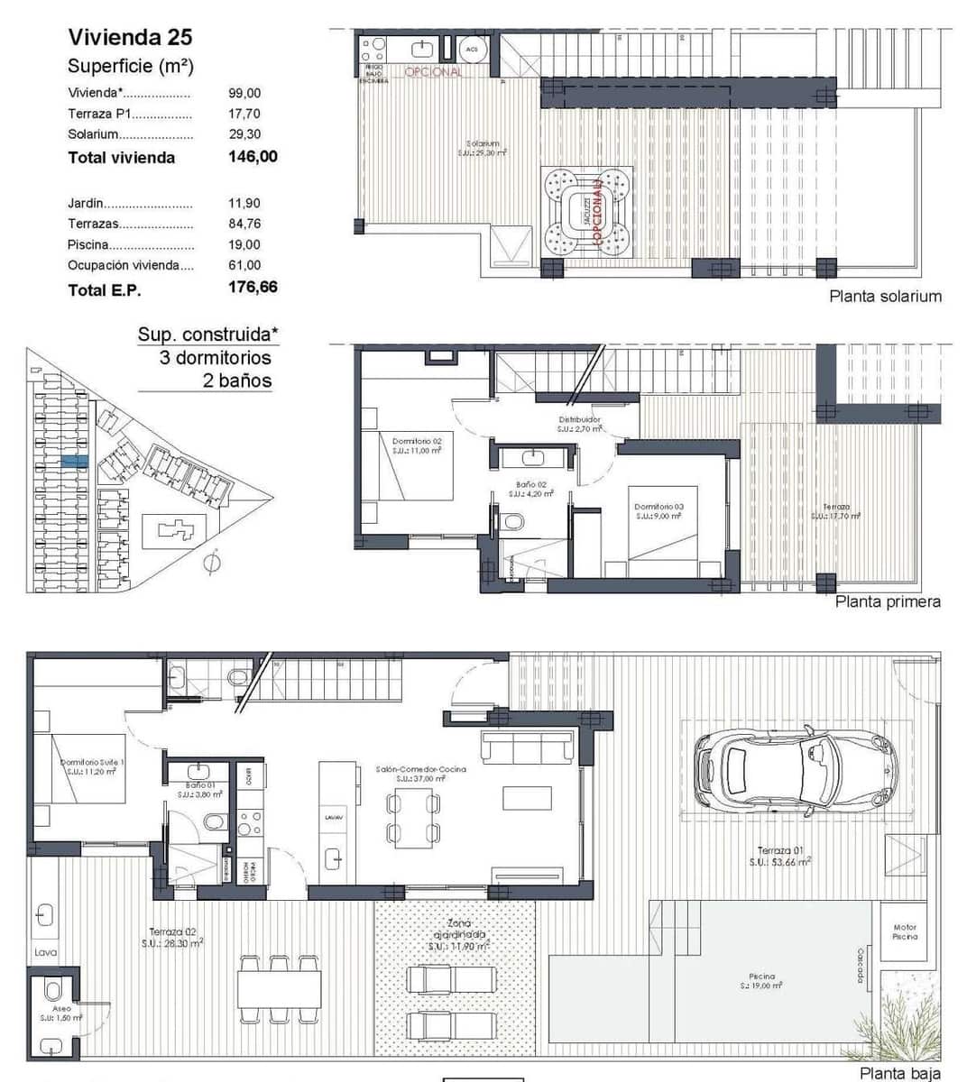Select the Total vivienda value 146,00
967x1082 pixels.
pos(253,157)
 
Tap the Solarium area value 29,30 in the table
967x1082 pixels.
pos(244,134)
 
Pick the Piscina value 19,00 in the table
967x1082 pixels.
pos(244,244)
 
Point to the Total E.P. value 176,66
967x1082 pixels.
pos(253,288)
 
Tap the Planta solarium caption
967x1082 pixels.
pos(885,297)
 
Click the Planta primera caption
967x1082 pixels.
pos(887,601)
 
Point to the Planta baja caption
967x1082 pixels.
pos(898,1073)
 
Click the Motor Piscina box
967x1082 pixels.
pos(904,932)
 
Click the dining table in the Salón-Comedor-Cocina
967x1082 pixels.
pos(413,816)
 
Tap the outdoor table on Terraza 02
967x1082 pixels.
pos(280,988)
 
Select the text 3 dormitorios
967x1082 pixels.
pos(215,357)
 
